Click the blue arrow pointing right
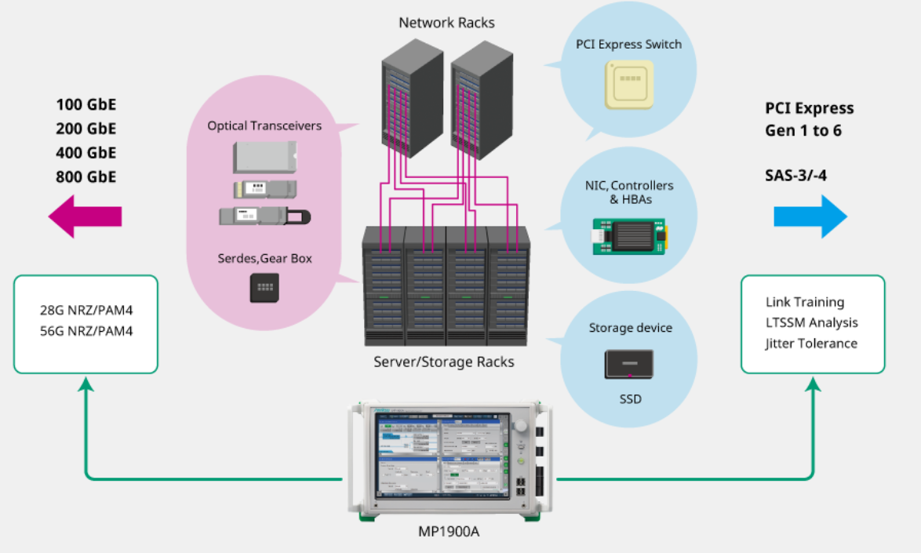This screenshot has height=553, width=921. (810, 216)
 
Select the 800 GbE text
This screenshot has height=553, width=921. (86, 176)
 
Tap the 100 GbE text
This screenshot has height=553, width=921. (86, 104)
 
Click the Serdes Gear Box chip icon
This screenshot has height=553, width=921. (264, 287)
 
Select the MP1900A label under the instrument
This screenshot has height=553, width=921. (449, 532)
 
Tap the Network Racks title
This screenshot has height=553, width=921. (446, 23)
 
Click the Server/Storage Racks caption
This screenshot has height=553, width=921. (444, 362)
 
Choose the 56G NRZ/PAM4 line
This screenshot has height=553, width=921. (86, 331)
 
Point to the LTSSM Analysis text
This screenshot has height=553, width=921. (811, 322)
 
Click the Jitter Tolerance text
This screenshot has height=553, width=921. (811, 343)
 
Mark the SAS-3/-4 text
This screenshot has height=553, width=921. (795, 175)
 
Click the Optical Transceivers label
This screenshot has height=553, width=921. (264, 126)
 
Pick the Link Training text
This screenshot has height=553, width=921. (805, 302)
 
